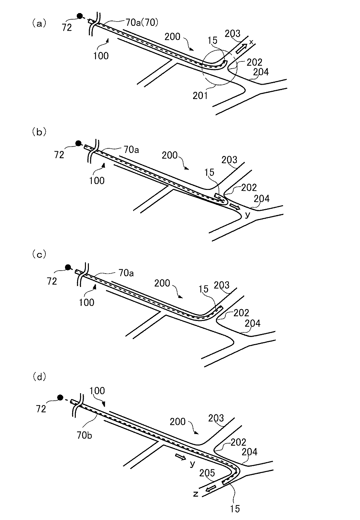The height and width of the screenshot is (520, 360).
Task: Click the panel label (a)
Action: pyautogui.click(x=39, y=24)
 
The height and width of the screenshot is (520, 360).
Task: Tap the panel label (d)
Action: pyautogui.click(x=39, y=377)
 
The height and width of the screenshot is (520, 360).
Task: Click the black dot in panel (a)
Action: pyautogui.click(x=79, y=16)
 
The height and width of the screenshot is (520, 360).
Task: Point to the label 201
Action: pyautogui.click(x=200, y=96)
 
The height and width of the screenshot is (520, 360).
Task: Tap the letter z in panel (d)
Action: pyautogui.click(x=196, y=494)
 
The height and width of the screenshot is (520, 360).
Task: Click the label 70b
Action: pyautogui.click(x=84, y=435)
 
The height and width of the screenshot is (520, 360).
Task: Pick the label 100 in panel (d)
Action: pyautogui.click(x=97, y=391)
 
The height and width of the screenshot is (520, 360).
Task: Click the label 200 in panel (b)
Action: pyautogui.click(x=170, y=155)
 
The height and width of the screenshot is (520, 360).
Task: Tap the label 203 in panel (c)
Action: pyautogui.click(x=222, y=285)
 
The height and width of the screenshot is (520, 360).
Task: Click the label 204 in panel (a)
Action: pyautogui.click(x=261, y=71)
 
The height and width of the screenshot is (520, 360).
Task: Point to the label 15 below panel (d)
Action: pyautogui.click(x=235, y=509)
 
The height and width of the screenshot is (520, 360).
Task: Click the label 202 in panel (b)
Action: pyautogui.click(x=249, y=188)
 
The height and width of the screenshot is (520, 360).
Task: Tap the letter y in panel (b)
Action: pyautogui.click(x=247, y=215)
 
